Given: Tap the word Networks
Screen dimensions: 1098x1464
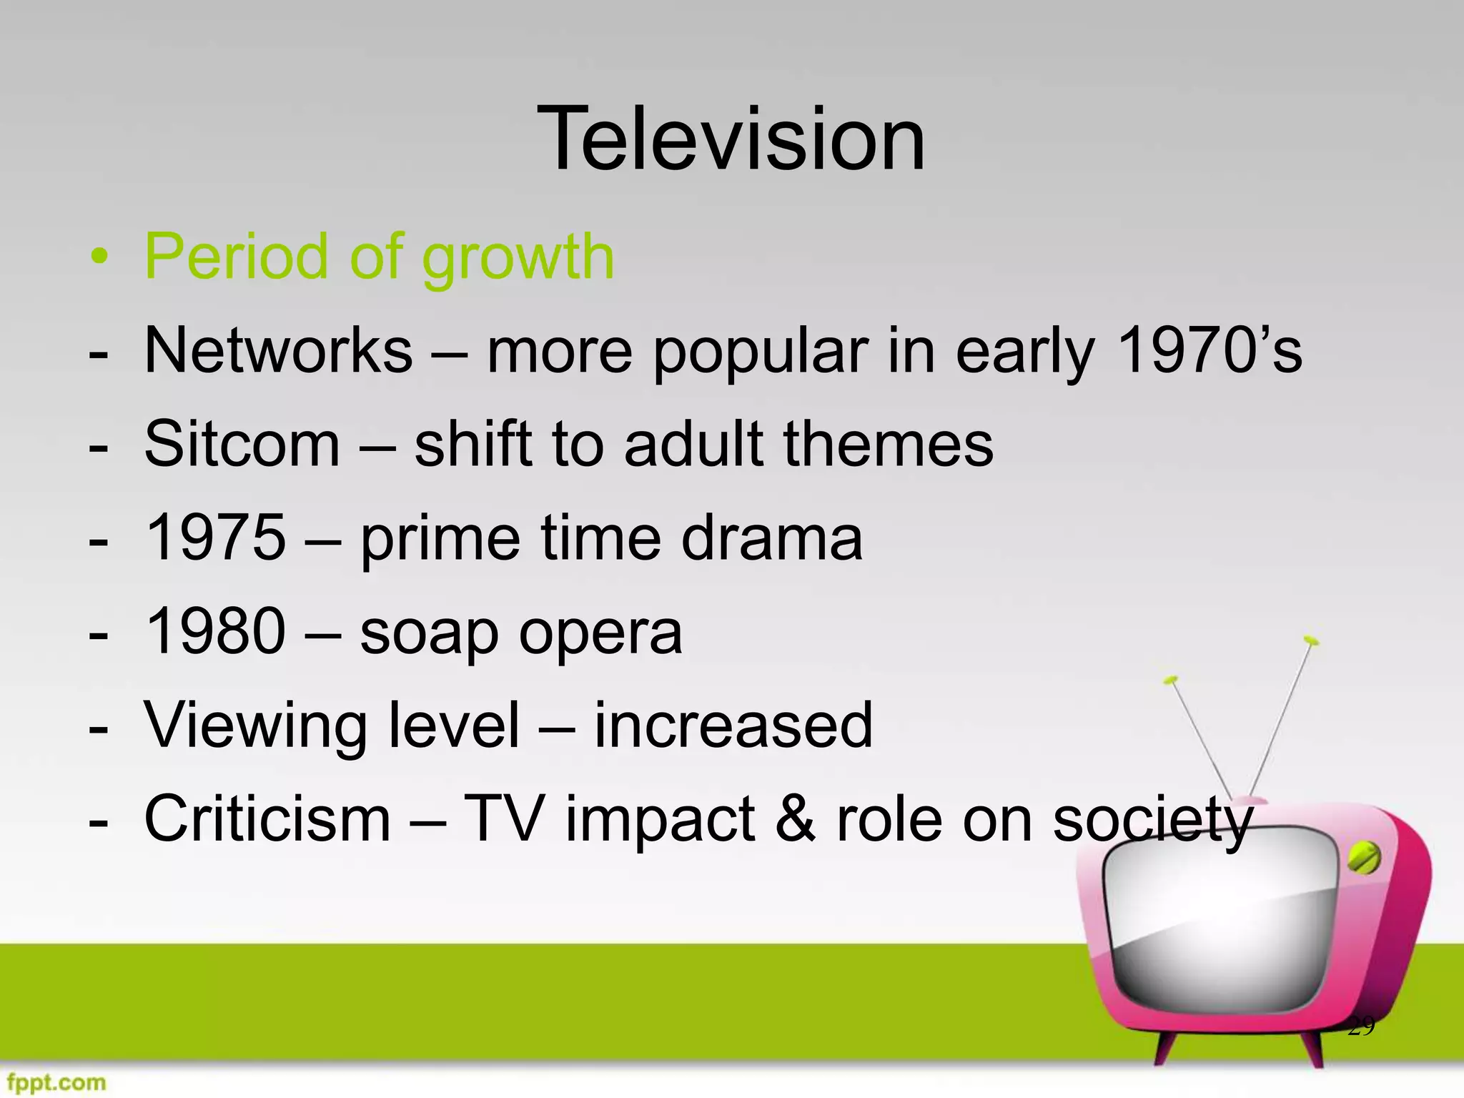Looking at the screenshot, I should click(x=278, y=350).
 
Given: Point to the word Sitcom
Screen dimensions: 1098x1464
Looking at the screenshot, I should click(x=242, y=444).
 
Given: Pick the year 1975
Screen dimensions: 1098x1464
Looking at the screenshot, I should click(x=215, y=538).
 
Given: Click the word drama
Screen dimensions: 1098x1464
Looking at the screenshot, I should click(x=772, y=538).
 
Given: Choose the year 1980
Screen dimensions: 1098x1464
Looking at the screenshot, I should click(x=215, y=631).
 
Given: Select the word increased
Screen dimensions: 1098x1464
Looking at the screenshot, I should click(x=733, y=725).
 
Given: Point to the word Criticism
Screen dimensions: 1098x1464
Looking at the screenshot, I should click(x=267, y=818).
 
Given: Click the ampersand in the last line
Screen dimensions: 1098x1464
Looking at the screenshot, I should click(x=795, y=818).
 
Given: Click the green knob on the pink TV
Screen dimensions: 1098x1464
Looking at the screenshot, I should click(x=1363, y=858).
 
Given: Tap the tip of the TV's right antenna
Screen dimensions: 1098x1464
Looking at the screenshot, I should click(x=1310, y=640).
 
